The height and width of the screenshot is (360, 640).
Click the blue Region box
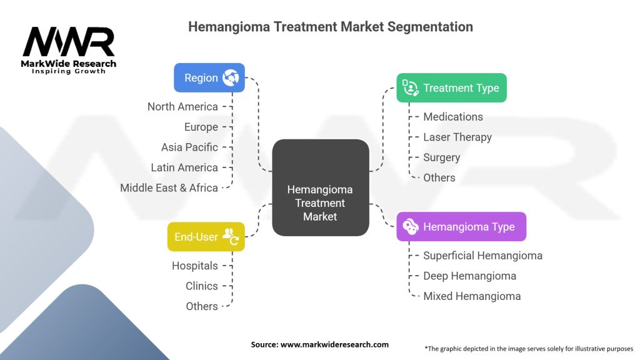click(209, 78)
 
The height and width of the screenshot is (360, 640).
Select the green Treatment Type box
click(451, 88)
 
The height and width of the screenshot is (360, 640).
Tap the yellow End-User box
click(206, 237)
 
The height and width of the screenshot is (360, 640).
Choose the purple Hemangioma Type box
click(461, 227)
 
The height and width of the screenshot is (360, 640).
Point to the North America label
click(182, 107)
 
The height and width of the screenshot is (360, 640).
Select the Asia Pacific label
click(189, 147)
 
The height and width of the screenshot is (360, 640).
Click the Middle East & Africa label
click(169, 187)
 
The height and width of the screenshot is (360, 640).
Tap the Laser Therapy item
click(457, 137)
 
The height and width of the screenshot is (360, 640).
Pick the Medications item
click(453, 117)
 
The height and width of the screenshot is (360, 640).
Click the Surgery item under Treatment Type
click(441, 157)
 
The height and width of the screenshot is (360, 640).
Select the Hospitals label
click(195, 266)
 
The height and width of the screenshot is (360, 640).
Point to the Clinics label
click(202, 286)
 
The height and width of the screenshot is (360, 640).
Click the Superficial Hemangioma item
click(482, 256)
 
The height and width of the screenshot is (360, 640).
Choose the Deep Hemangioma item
click(469, 276)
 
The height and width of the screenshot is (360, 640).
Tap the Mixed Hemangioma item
click(472, 296)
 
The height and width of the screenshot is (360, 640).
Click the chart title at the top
click(331, 27)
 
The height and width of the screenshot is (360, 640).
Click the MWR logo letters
click(69, 42)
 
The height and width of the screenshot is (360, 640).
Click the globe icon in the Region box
click(231, 78)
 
